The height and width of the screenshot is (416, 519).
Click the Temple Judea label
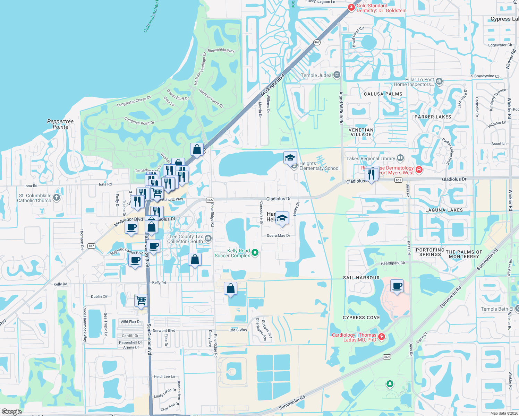(x=316, y=75)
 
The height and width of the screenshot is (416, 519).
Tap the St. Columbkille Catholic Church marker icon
(x=57, y=198)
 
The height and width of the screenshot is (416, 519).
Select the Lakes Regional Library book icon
(x=400, y=158)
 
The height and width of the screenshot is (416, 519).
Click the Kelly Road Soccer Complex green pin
(x=255, y=253)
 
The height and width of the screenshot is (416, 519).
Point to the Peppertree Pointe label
(x=60, y=124)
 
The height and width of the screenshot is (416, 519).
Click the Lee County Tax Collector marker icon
(x=208, y=238)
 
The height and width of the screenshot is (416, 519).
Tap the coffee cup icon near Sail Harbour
(x=397, y=286)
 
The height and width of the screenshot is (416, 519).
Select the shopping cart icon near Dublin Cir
(x=141, y=300)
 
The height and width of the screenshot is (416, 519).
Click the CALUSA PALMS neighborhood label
(x=383, y=94)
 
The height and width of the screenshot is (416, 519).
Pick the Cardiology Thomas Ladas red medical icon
(x=382, y=337)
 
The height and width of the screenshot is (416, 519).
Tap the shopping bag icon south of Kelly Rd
(x=230, y=289)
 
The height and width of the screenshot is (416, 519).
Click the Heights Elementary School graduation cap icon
(x=290, y=158)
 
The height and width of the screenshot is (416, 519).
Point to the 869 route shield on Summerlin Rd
(x=387, y=357)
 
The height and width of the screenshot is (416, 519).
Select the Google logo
(x=11, y=411)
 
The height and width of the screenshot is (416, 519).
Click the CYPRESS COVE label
(x=361, y=318)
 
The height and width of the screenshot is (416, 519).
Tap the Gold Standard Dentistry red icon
(x=351, y=7)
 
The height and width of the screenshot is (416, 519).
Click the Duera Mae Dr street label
(x=278, y=236)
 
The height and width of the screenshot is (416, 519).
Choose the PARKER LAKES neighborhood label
(x=433, y=117)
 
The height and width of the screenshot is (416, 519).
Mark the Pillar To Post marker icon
(x=439, y=81)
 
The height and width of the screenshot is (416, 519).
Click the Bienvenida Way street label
(x=221, y=50)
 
